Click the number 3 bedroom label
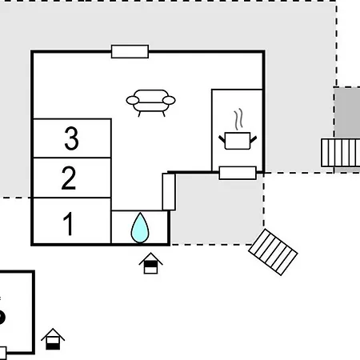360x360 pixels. click(x=71, y=138)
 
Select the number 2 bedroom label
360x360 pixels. click(x=69, y=178)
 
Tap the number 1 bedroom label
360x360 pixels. click(x=68, y=223)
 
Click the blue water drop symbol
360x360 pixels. click(x=140, y=228)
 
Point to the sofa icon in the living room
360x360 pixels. click(x=150, y=103)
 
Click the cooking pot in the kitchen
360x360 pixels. click(x=238, y=141)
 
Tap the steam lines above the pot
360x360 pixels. click(x=238, y=118)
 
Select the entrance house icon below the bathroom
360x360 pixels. click(x=150, y=263)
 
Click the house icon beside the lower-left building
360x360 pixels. click(x=53, y=339)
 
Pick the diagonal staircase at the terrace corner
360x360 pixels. click(x=273, y=252)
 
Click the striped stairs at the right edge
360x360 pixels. click(x=341, y=153)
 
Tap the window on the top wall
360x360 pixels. click(x=130, y=51)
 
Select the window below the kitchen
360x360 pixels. click(x=238, y=173)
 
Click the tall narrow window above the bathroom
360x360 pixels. click(x=169, y=192)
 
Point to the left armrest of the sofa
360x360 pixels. click(x=133, y=101)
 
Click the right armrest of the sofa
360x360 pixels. click(x=169, y=100)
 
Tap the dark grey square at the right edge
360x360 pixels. click(x=347, y=113)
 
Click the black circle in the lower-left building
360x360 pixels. click(x=2, y=318)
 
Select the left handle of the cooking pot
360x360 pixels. click(x=222, y=139)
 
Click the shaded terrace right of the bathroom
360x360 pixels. click(x=217, y=209)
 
